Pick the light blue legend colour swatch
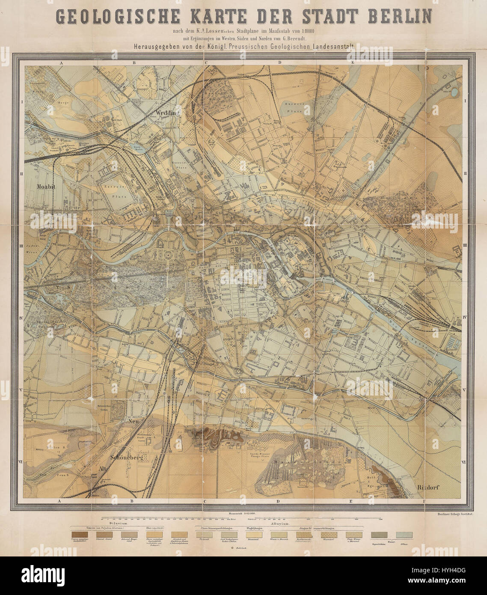[x=404, y=535]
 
